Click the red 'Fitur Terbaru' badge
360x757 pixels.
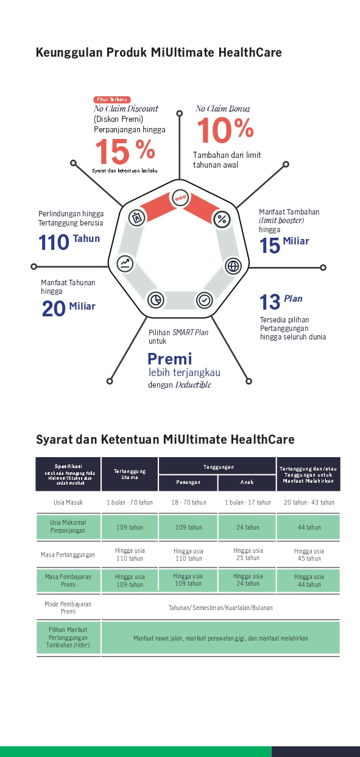point(112,99)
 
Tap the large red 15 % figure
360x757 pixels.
point(124,151)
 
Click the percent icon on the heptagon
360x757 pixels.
point(222,219)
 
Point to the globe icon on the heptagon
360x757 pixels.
point(233,266)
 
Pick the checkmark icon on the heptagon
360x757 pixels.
point(205,300)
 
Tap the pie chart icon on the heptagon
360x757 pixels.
point(156,299)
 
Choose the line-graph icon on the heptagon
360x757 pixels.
point(125,264)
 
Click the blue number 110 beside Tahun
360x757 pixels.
point(54,243)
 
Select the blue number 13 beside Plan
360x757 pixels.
point(270,302)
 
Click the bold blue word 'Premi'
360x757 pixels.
point(170,358)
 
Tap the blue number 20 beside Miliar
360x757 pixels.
point(54,309)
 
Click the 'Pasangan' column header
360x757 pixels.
point(188,482)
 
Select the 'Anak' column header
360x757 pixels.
point(247,482)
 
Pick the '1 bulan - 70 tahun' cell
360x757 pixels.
point(130,502)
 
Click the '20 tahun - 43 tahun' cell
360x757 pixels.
point(309,502)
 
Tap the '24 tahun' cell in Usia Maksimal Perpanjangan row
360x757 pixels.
point(247,527)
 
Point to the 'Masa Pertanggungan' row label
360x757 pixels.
point(68,555)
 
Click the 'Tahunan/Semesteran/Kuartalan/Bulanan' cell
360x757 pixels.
point(221,608)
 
